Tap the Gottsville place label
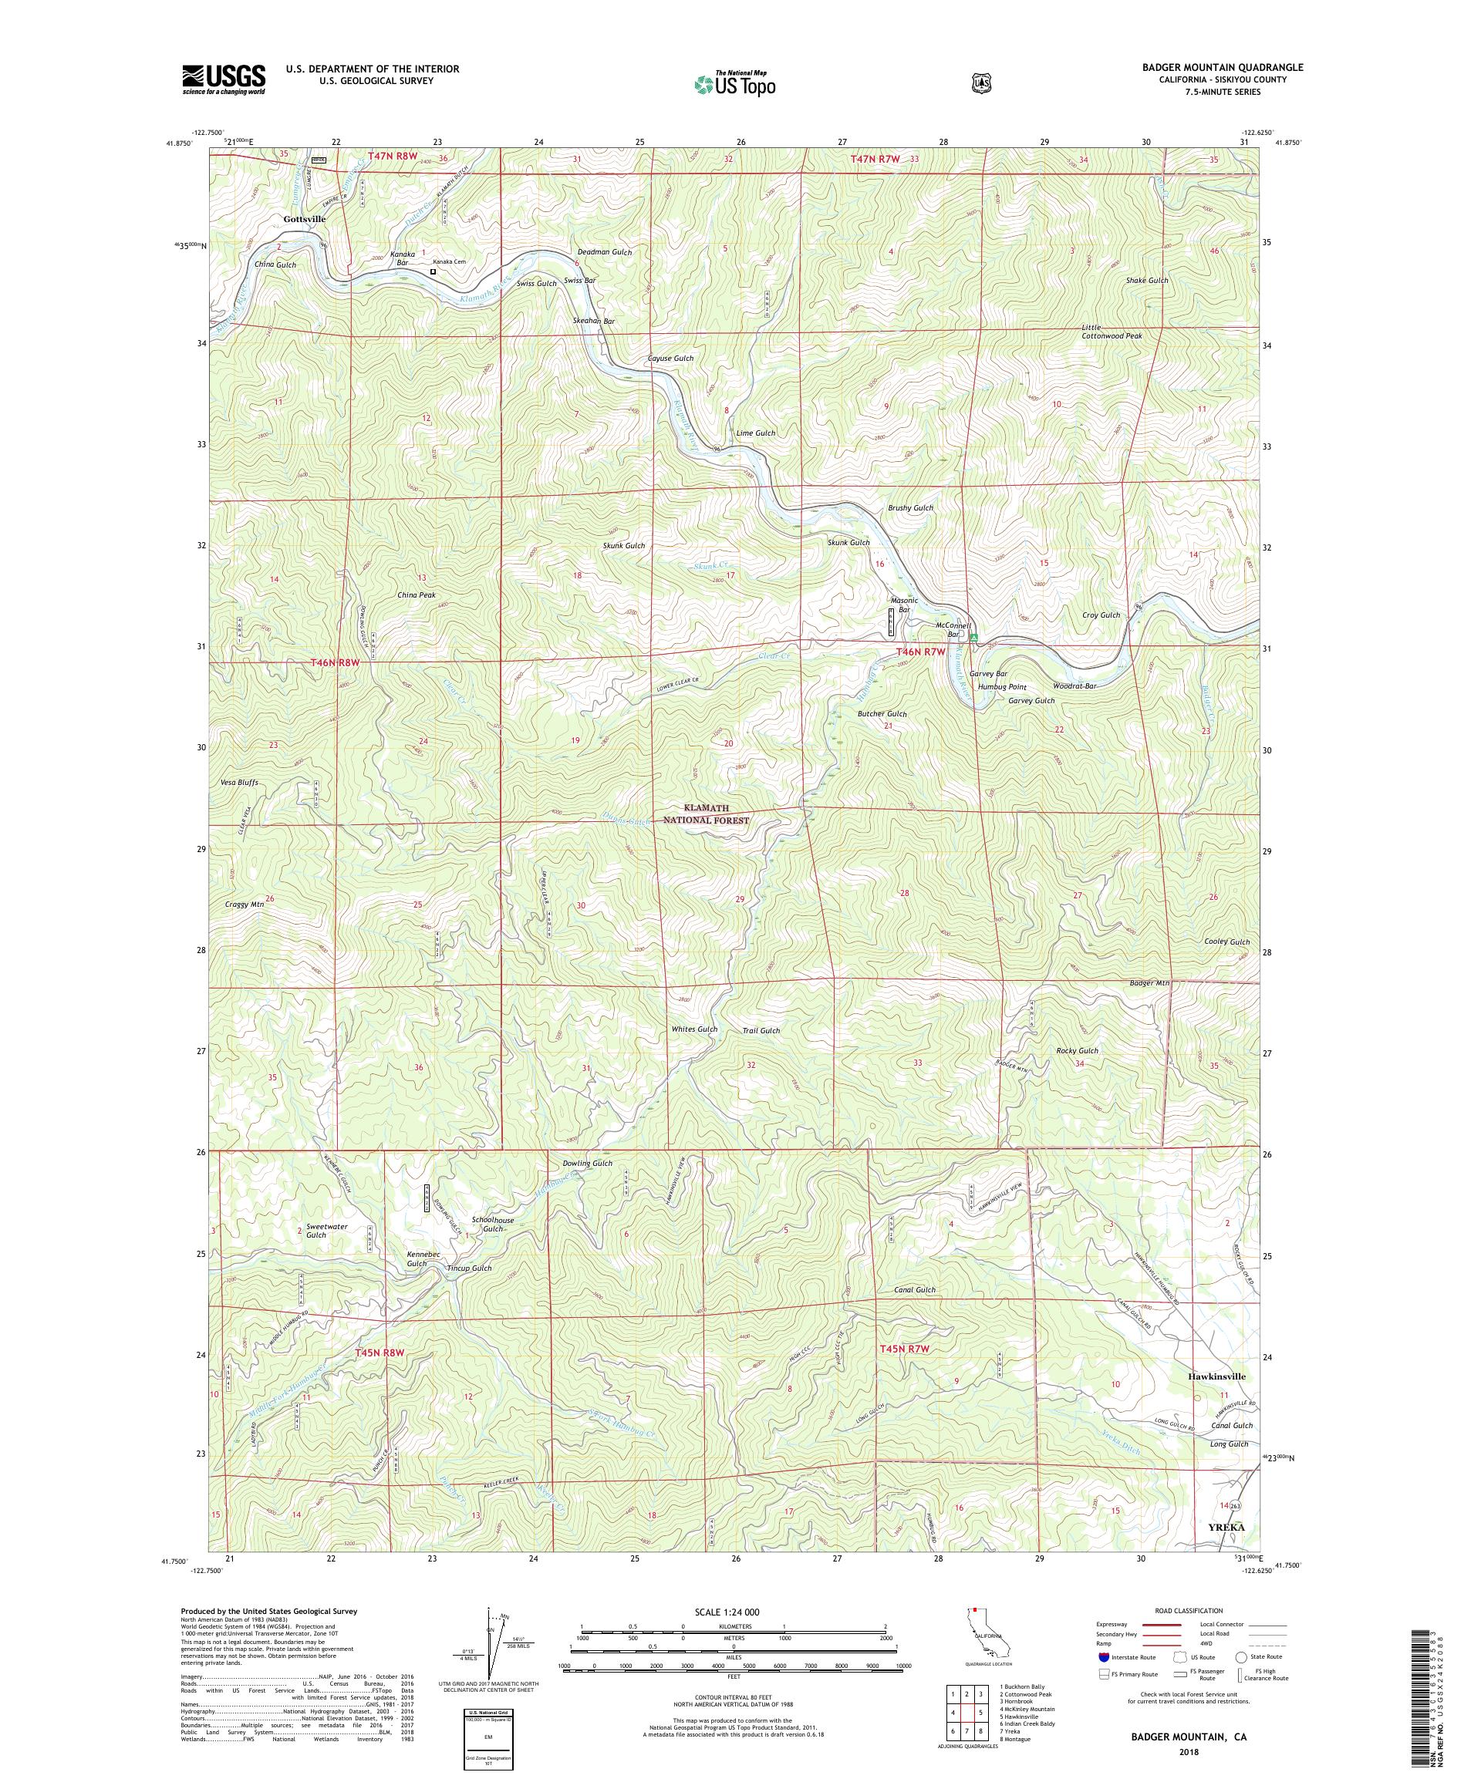pyautogui.click(x=304, y=219)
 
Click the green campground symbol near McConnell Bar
pyautogui.click(x=974, y=636)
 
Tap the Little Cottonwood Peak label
pyautogui.click(x=1112, y=332)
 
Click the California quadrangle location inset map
pyautogui.click(x=982, y=1637)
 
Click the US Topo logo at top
pyautogui.click(x=734, y=83)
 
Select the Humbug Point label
pyautogui.click(x=1002, y=686)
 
